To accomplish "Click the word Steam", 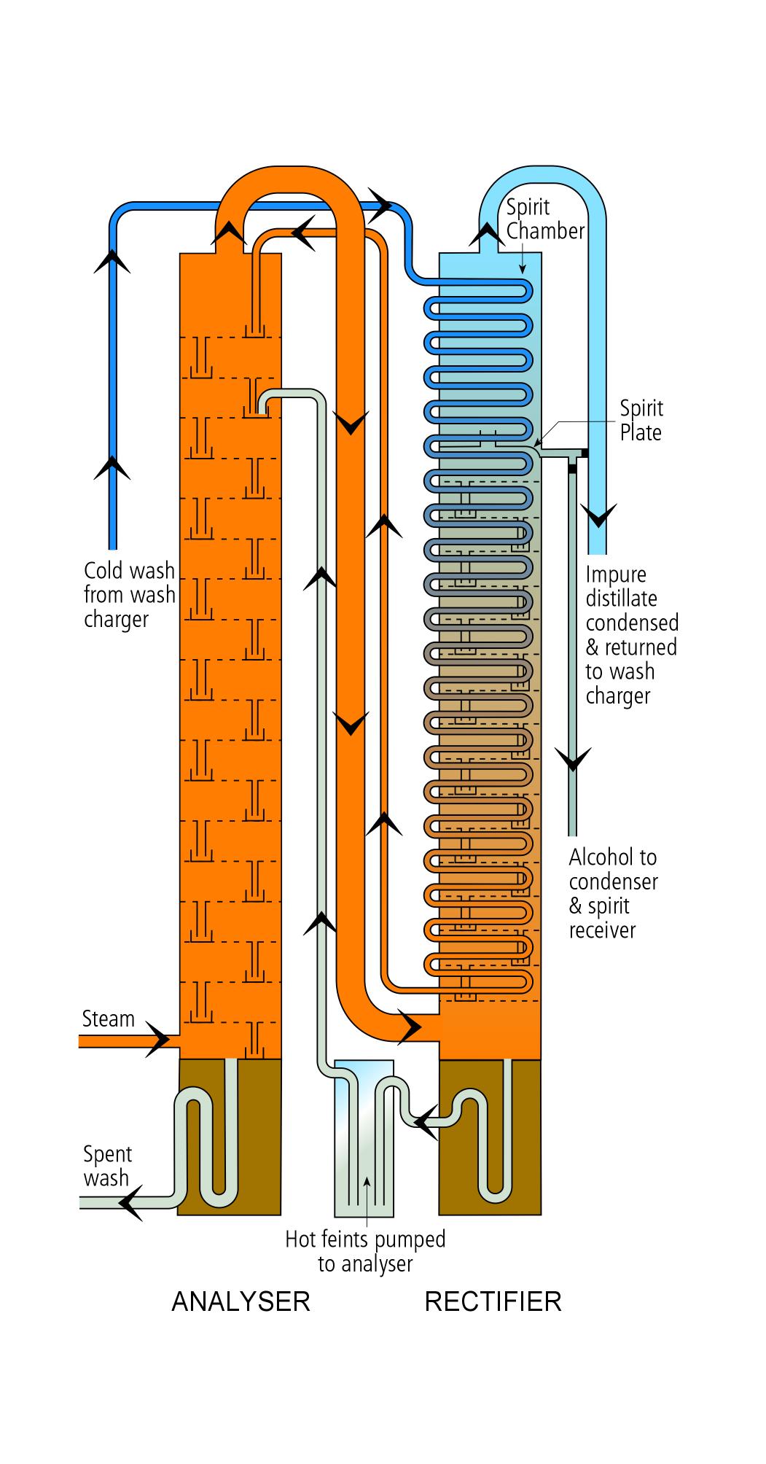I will click(x=108, y=1019).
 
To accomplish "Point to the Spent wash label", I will click(x=107, y=1166).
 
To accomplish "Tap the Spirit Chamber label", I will click(x=545, y=219).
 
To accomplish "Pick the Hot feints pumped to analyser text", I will click(x=364, y=1251).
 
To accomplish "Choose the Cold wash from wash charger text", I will click(x=129, y=594).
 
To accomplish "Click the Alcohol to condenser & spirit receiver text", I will click(x=613, y=893).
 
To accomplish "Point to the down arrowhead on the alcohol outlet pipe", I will click(x=573, y=760).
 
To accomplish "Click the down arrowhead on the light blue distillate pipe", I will click(x=598, y=516).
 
